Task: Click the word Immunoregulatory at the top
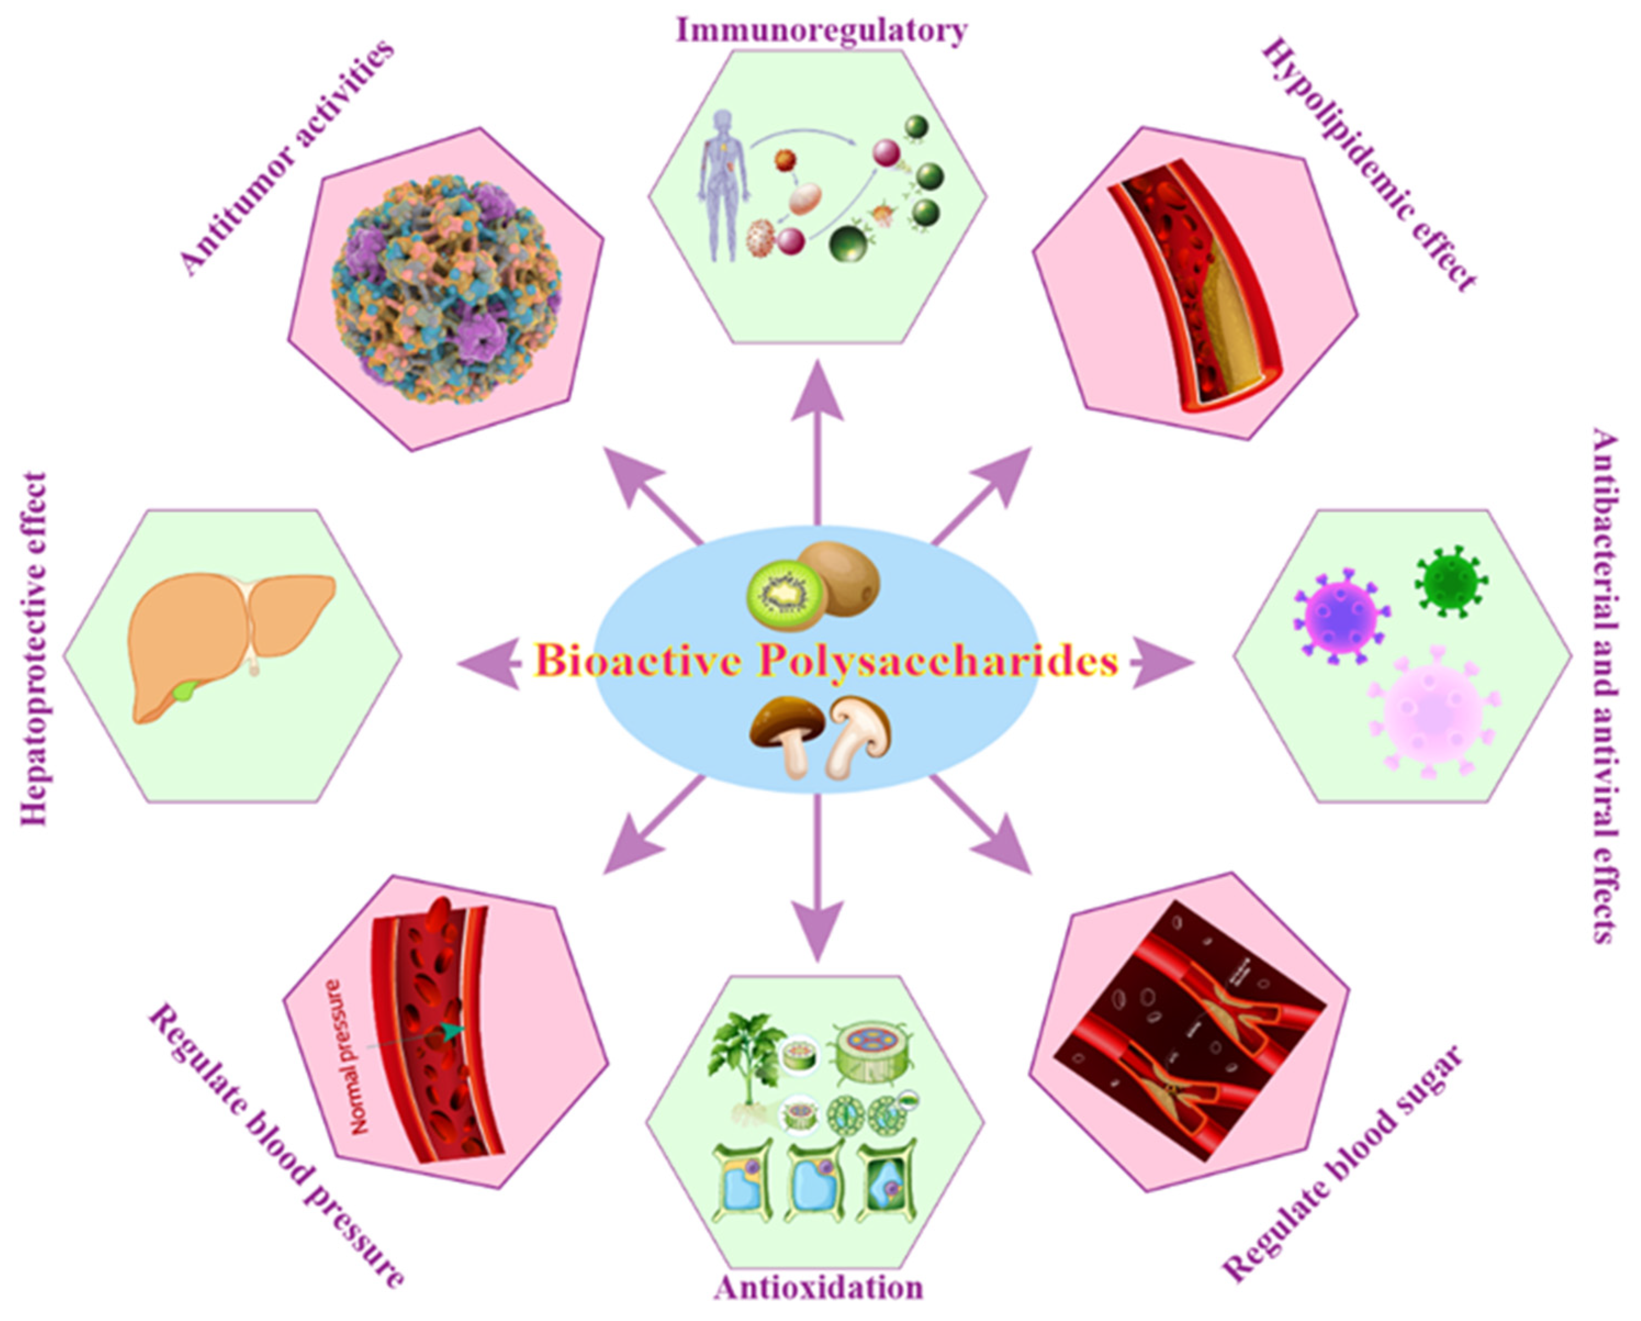pyautogui.click(x=821, y=30)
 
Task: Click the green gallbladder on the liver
pyautogui.click(x=185, y=691)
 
